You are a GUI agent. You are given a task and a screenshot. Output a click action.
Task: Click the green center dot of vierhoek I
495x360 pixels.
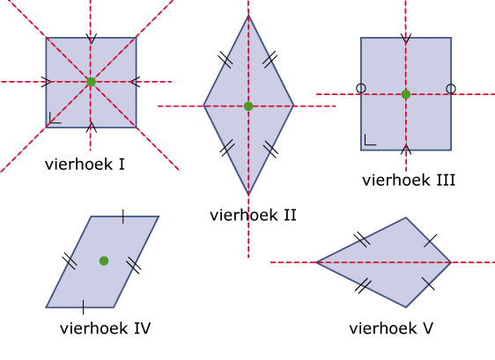pos(91,82)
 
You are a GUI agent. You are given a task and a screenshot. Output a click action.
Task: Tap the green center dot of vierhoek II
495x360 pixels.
pos(248,107)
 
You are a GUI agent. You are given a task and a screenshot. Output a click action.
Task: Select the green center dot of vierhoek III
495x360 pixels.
pos(406,94)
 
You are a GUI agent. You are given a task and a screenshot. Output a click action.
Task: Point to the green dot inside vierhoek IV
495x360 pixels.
pos(104,261)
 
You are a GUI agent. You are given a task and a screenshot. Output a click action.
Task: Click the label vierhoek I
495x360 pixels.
pos(85,165)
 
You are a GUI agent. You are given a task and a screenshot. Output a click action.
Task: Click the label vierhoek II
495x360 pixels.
pos(253,215)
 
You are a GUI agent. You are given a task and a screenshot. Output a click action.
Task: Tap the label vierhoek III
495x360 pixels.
pos(409,180)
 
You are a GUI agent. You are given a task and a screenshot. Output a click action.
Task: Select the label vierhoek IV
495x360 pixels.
pos(105,328)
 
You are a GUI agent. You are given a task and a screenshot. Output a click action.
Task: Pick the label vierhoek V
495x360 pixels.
pos(391,328)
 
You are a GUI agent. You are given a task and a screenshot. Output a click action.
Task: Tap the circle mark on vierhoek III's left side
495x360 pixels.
pos(361,88)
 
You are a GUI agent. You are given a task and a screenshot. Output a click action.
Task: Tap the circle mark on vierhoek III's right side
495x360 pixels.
pos(451,89)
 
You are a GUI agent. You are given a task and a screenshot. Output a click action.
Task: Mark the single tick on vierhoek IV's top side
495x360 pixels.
pos(123,217)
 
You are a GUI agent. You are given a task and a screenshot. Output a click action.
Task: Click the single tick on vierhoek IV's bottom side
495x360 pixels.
pos(83,307)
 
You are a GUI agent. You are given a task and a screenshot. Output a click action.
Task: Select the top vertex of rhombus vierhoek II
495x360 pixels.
pos(248,15)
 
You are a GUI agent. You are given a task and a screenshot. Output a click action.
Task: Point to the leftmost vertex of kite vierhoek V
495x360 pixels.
pos(316,262)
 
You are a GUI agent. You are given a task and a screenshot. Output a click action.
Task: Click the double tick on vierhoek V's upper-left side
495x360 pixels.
pos(362,239)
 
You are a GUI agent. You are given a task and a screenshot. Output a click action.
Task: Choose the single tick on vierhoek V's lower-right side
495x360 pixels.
pos(428,284)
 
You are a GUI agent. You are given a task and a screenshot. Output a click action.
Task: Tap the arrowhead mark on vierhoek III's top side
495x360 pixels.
pos(406,39)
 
